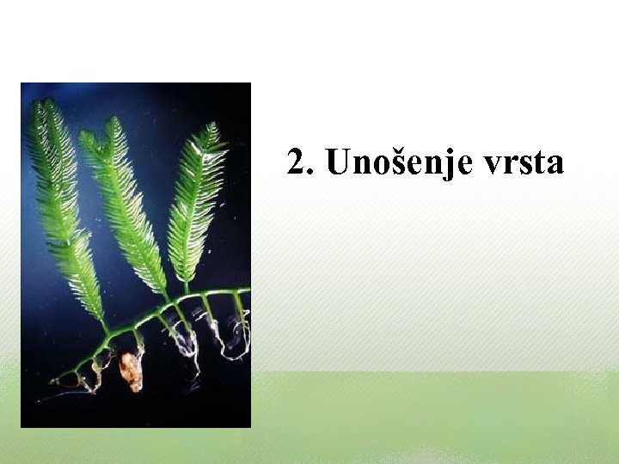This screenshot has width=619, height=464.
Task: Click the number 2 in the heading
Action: pos(297,162)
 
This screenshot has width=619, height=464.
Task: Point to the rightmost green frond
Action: pos(195,202)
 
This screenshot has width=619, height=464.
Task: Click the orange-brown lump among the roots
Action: pos(131,372)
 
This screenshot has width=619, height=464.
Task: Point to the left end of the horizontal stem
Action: pos(53,381)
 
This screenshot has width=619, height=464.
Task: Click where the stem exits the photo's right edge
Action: pos(248,290)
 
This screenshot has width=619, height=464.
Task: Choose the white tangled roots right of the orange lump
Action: pos(183,344)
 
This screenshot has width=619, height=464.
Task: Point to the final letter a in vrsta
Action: pos(555,164)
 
